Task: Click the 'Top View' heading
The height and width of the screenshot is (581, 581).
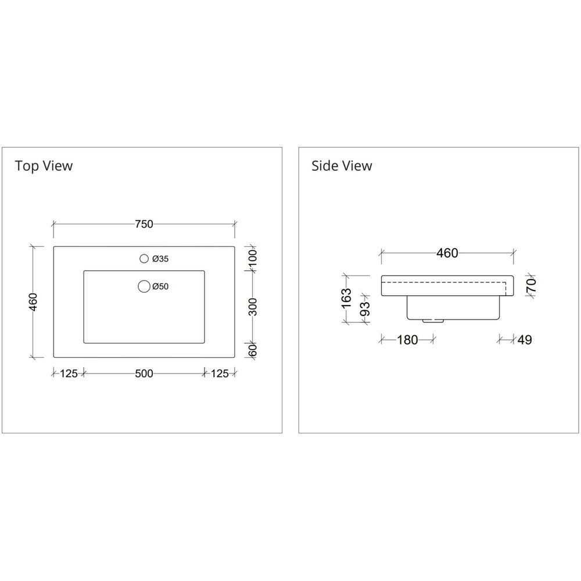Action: click(44, 166)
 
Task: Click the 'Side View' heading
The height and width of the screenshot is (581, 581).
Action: click(342, 166)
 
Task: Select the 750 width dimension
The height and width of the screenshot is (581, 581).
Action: click(144, 224)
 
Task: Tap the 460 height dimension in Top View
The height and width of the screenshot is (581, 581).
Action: click(33, 301)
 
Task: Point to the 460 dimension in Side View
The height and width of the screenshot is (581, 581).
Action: click(447, 253)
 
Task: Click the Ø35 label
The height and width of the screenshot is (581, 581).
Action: click(160, 259)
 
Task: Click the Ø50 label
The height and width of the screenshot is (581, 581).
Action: click(160, 286)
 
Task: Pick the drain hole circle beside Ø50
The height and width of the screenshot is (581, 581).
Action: click(143, 286)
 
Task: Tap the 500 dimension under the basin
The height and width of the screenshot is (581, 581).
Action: click(144, 374)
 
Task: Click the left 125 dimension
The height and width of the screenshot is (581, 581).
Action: click(69, 374)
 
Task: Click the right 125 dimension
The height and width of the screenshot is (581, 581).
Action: click(220, 374)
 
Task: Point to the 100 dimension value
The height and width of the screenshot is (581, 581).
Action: click(253, 259)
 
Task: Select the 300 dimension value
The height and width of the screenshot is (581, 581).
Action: click(253, 306)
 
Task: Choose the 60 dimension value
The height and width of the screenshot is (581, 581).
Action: click(253, 350)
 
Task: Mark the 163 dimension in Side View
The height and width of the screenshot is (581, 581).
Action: click(347, 297)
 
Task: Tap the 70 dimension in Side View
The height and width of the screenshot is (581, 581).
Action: click(531, 285)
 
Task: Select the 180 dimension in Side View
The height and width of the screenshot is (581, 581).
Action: click(407, 340)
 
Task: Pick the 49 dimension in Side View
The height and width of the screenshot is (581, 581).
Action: click(524, 340)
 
